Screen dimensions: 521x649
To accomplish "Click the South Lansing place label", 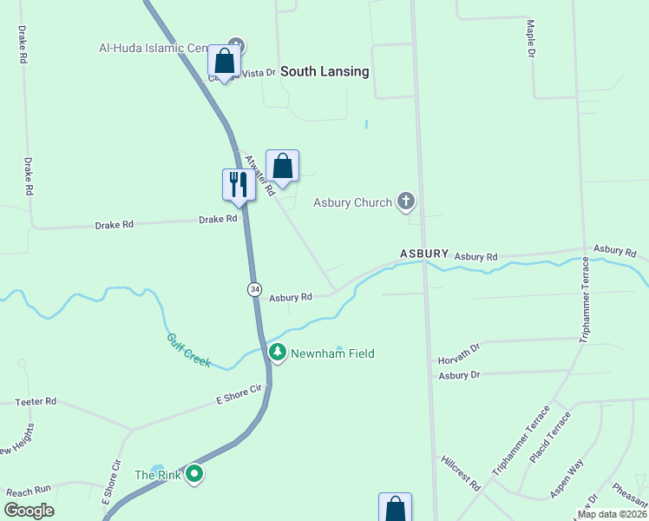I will click(x=325, y=71).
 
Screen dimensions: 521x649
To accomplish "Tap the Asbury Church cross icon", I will click(x=405, y=202).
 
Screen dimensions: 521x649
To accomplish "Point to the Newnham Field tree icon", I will click(x=277, y=353).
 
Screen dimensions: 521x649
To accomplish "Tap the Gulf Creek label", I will click(x=188, y=350).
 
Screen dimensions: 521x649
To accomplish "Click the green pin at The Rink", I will click(x=195, y=474).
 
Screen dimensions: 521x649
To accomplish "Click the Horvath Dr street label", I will click(x=459, y=351).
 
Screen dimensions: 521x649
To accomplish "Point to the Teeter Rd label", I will click(x=36, y=401).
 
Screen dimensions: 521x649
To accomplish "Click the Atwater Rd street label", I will click(x=259, y=174).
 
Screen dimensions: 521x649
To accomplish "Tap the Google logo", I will click(x=29, y=511).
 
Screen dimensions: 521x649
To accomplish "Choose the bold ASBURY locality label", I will click(x=424, y=254).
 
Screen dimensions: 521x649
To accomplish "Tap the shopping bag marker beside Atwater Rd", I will click(x=282, y=165).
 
